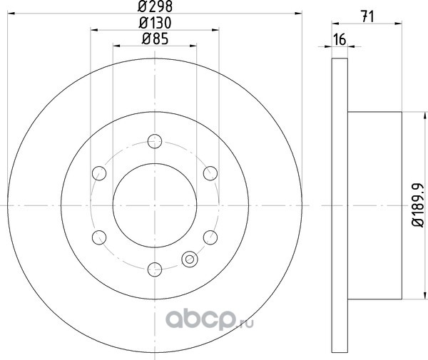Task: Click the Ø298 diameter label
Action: coord(155,6)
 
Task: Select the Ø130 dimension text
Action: coord(155,23)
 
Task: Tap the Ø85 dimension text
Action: coord(155,38)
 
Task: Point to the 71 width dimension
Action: coord(367,16)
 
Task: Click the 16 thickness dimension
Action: coord(340,39)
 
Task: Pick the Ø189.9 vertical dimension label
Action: coord(418,205)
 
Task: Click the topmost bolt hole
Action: coord(155,141)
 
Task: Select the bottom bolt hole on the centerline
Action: coord(155,269)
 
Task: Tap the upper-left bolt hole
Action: coord(99,173)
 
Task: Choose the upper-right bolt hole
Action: coord(210,173)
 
